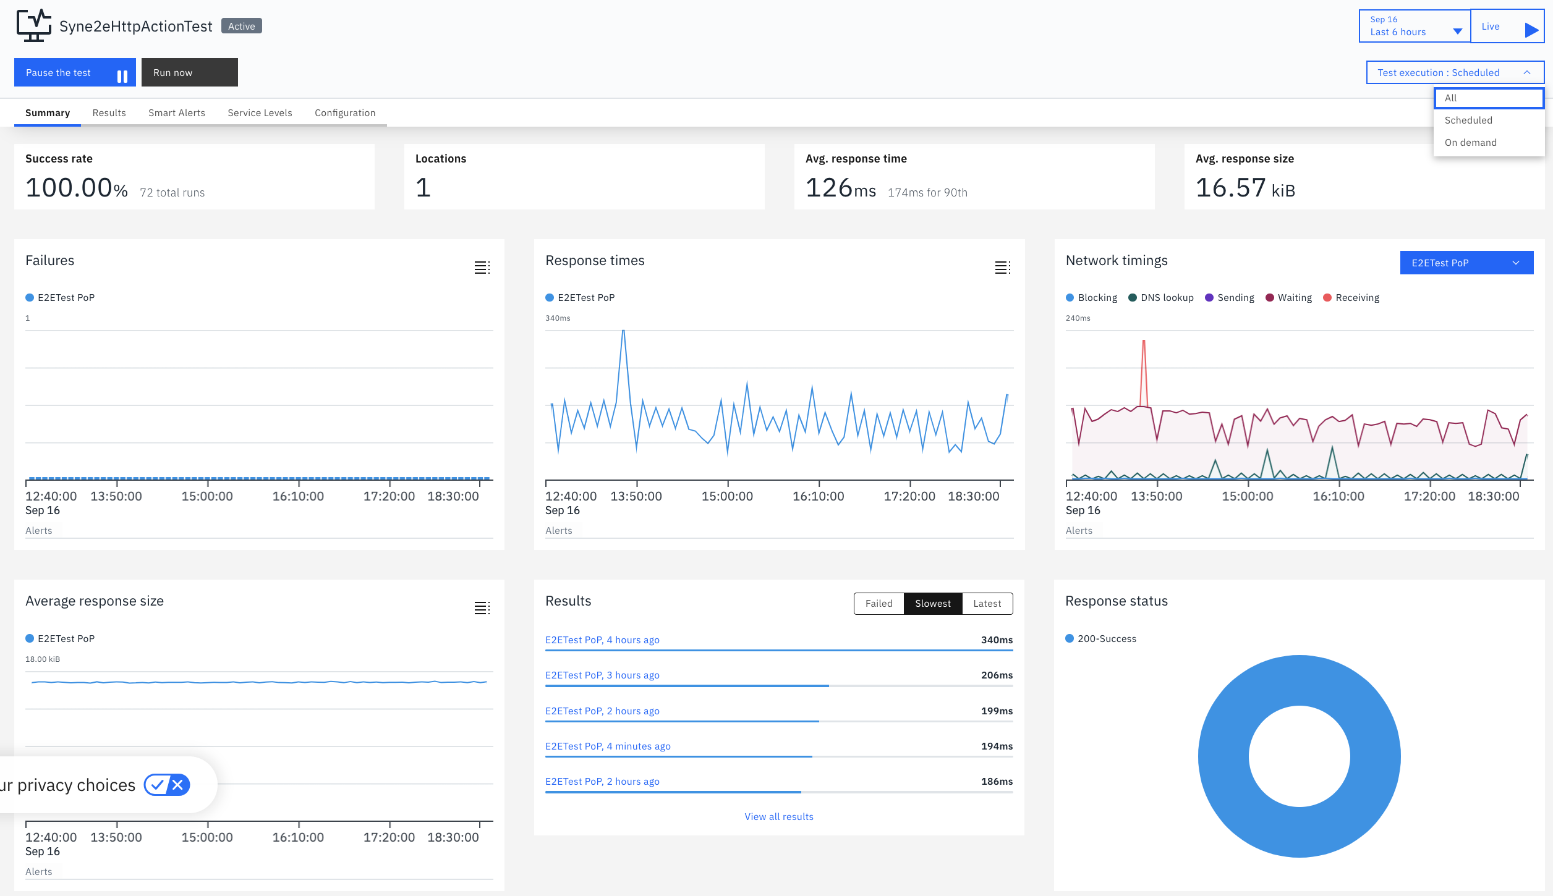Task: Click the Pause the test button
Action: click(x=75, y=73)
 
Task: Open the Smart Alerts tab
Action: click(x=177, y=113)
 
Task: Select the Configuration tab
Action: click(x=345, y=113)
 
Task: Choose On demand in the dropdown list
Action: click(x=1471, y=143)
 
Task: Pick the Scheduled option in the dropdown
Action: click(x=1468, y=120)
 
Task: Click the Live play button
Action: click(x=1507, y=27)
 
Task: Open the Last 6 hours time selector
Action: click(x=1415, y=27)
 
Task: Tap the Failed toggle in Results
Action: click(x=879, y=604)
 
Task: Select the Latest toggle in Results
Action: click(x=987, y=604)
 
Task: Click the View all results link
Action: click(x=779, y=817)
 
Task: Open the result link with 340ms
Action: click(x=602, y=640)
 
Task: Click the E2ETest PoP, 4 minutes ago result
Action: click(x=608, y=746)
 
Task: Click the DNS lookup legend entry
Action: click(x=1161, y=298)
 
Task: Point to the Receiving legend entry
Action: click(x=1351, y=298)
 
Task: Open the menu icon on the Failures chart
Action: click(x=482, y=268)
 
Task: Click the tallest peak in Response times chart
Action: click(x=623, y=332)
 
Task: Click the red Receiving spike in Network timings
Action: click(x=1144, y=342)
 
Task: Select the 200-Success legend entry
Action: click(x=1101, y=639)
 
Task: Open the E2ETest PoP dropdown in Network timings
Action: click(x=1466, y=263)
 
